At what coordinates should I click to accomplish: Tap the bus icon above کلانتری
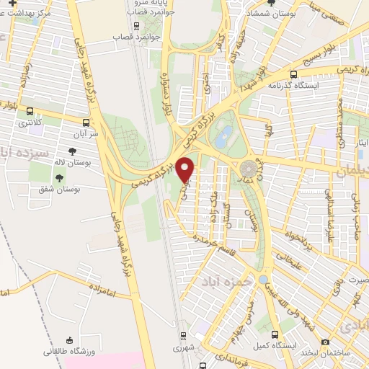(30, 111)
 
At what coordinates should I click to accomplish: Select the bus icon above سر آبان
(86, 122)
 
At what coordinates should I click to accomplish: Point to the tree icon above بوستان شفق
(58, 177)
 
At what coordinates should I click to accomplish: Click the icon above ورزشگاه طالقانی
(68, 339)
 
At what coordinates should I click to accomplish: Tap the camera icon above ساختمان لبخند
(325, 342)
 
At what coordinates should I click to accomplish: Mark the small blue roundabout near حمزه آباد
(263, 279)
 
